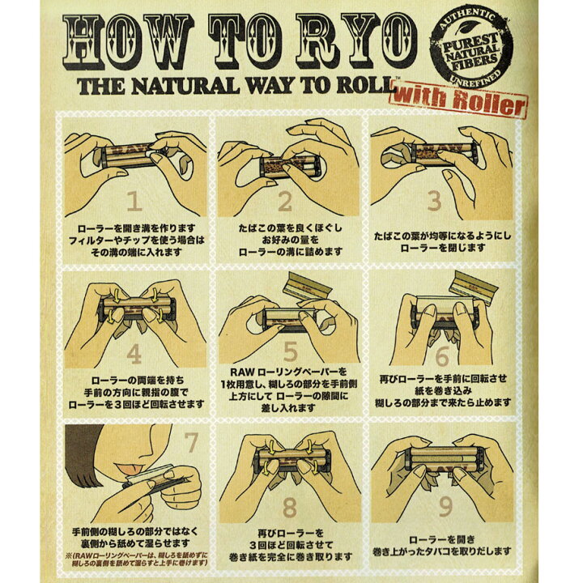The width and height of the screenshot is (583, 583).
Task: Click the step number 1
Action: point(134,202)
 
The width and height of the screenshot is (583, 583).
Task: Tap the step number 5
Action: point(291,351)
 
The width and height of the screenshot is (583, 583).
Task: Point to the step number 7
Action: point(191,442)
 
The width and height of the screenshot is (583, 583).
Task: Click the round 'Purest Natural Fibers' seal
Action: point(471,49)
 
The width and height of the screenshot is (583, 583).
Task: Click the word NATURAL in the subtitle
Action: point(185,87)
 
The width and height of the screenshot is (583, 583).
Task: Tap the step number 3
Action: point(434,201)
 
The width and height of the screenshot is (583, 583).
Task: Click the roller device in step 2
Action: point(290,166)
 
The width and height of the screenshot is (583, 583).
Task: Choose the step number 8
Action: point(290,507)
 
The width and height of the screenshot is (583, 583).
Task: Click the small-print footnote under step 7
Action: point(137,559)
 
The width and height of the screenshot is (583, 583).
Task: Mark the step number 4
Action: point(134,355)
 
